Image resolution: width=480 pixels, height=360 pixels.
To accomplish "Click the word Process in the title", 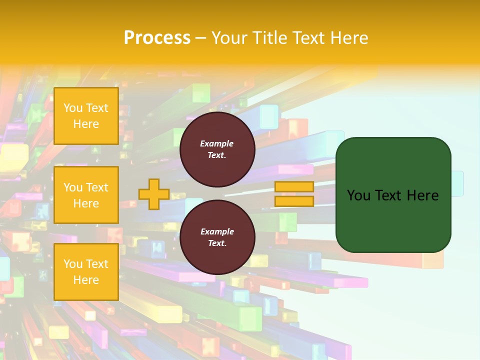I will [157, 38].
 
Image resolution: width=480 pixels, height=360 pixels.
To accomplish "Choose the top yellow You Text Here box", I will [86, 116].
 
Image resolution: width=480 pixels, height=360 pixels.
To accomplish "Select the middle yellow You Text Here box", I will [86, 195].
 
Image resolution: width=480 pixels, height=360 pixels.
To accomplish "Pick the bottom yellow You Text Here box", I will [86, 272].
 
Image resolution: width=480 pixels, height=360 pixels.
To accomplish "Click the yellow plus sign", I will [153, 194].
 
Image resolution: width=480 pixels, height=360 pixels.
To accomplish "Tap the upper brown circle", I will [217, 149].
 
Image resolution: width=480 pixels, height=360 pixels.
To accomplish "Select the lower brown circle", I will [217, 237].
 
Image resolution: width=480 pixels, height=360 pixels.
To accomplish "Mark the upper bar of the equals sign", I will [294, 186].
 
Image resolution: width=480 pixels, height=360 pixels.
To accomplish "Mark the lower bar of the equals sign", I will [294, 201].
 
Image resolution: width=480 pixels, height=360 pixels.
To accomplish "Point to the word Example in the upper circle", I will [217, 143].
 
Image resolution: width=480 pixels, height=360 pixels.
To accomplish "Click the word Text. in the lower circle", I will [217, 243].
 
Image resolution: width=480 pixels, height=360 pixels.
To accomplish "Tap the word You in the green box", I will [358, 195].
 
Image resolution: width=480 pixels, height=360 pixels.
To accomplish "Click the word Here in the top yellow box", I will [86, 124].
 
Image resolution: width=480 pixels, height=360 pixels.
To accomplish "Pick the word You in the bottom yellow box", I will [73, 264].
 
